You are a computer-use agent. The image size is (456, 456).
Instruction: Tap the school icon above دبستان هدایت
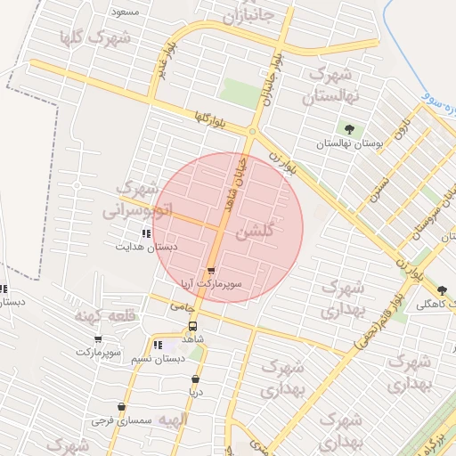(x=146, y=233)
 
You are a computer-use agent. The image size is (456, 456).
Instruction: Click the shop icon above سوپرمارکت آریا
(x=211, y=272)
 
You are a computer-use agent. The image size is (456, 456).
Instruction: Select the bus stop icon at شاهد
(x=193, y=326)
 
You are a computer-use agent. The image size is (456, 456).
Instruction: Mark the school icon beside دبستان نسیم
(x=158, y=346)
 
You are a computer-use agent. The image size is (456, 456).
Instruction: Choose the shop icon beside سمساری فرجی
(x=97, y=419)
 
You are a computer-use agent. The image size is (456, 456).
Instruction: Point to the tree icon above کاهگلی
(x=443, y=289)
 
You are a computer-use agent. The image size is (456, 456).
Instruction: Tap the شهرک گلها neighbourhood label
(x=94, y=38)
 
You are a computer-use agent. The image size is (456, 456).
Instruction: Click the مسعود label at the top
(x=125, y=12)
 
